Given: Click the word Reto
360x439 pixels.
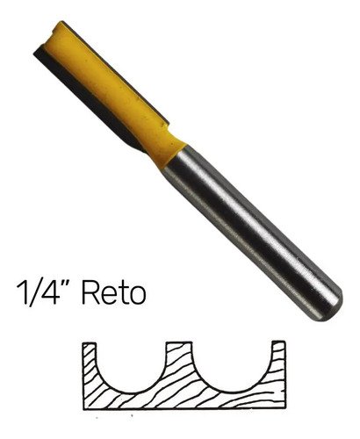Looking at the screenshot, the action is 114,293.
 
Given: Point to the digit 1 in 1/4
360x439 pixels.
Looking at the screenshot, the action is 22,293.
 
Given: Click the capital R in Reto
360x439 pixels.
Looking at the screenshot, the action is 90,293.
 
